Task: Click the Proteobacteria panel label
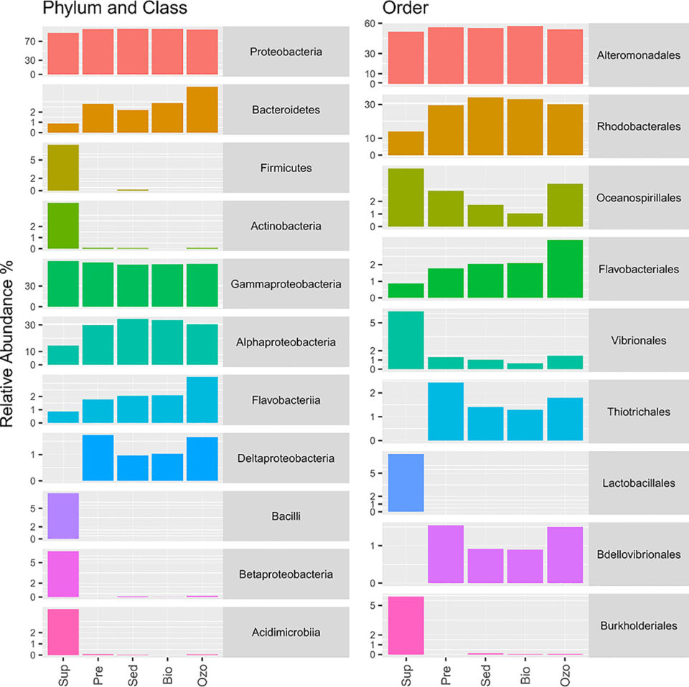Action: pos(286,52)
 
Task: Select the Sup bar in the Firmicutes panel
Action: pos(62,168)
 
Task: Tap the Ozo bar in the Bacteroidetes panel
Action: pos(202,110)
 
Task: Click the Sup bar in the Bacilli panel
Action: pos(62,516)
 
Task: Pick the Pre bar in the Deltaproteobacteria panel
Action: pos(98,458)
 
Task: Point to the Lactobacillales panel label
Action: pos(638,483)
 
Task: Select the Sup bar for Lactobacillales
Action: pos(406,483)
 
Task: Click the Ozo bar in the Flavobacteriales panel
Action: pos(564,268)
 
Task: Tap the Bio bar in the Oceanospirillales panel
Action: pos(525,219)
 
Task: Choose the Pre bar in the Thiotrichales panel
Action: pos(446,411)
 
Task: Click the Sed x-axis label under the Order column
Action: pos(487,671)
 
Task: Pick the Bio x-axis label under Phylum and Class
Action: pos(168,671)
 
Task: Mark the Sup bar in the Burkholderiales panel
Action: pos(406,625)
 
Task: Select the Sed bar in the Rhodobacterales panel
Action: pos(485,125)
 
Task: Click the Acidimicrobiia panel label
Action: pos(286,632)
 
